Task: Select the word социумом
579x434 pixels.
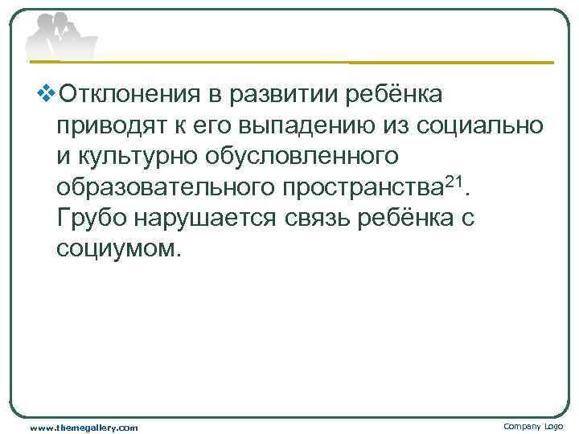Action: (x=115, y=247)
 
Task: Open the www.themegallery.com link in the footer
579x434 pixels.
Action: (x=84, y=427)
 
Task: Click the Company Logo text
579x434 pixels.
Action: (x=533, y=426)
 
